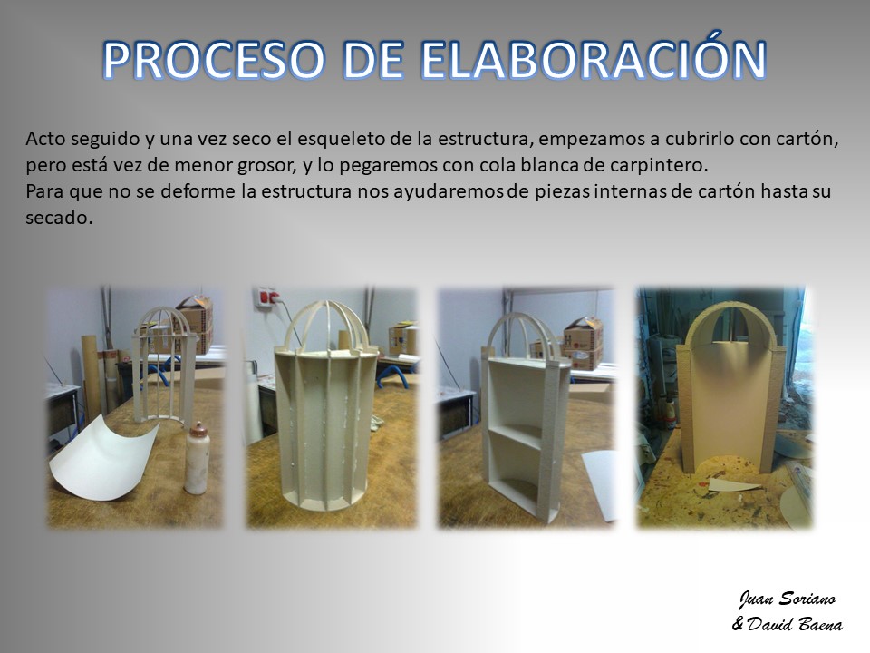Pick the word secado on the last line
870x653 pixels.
(58, 217)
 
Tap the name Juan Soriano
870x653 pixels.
(787, 599)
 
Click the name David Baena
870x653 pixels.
(795, 624)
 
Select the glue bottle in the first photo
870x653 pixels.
(197, 458)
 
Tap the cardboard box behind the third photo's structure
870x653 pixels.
(583, 343)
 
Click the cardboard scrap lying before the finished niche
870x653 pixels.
(733, 485)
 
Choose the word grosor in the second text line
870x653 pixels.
(258, 166)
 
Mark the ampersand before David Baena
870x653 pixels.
(738, 624)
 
